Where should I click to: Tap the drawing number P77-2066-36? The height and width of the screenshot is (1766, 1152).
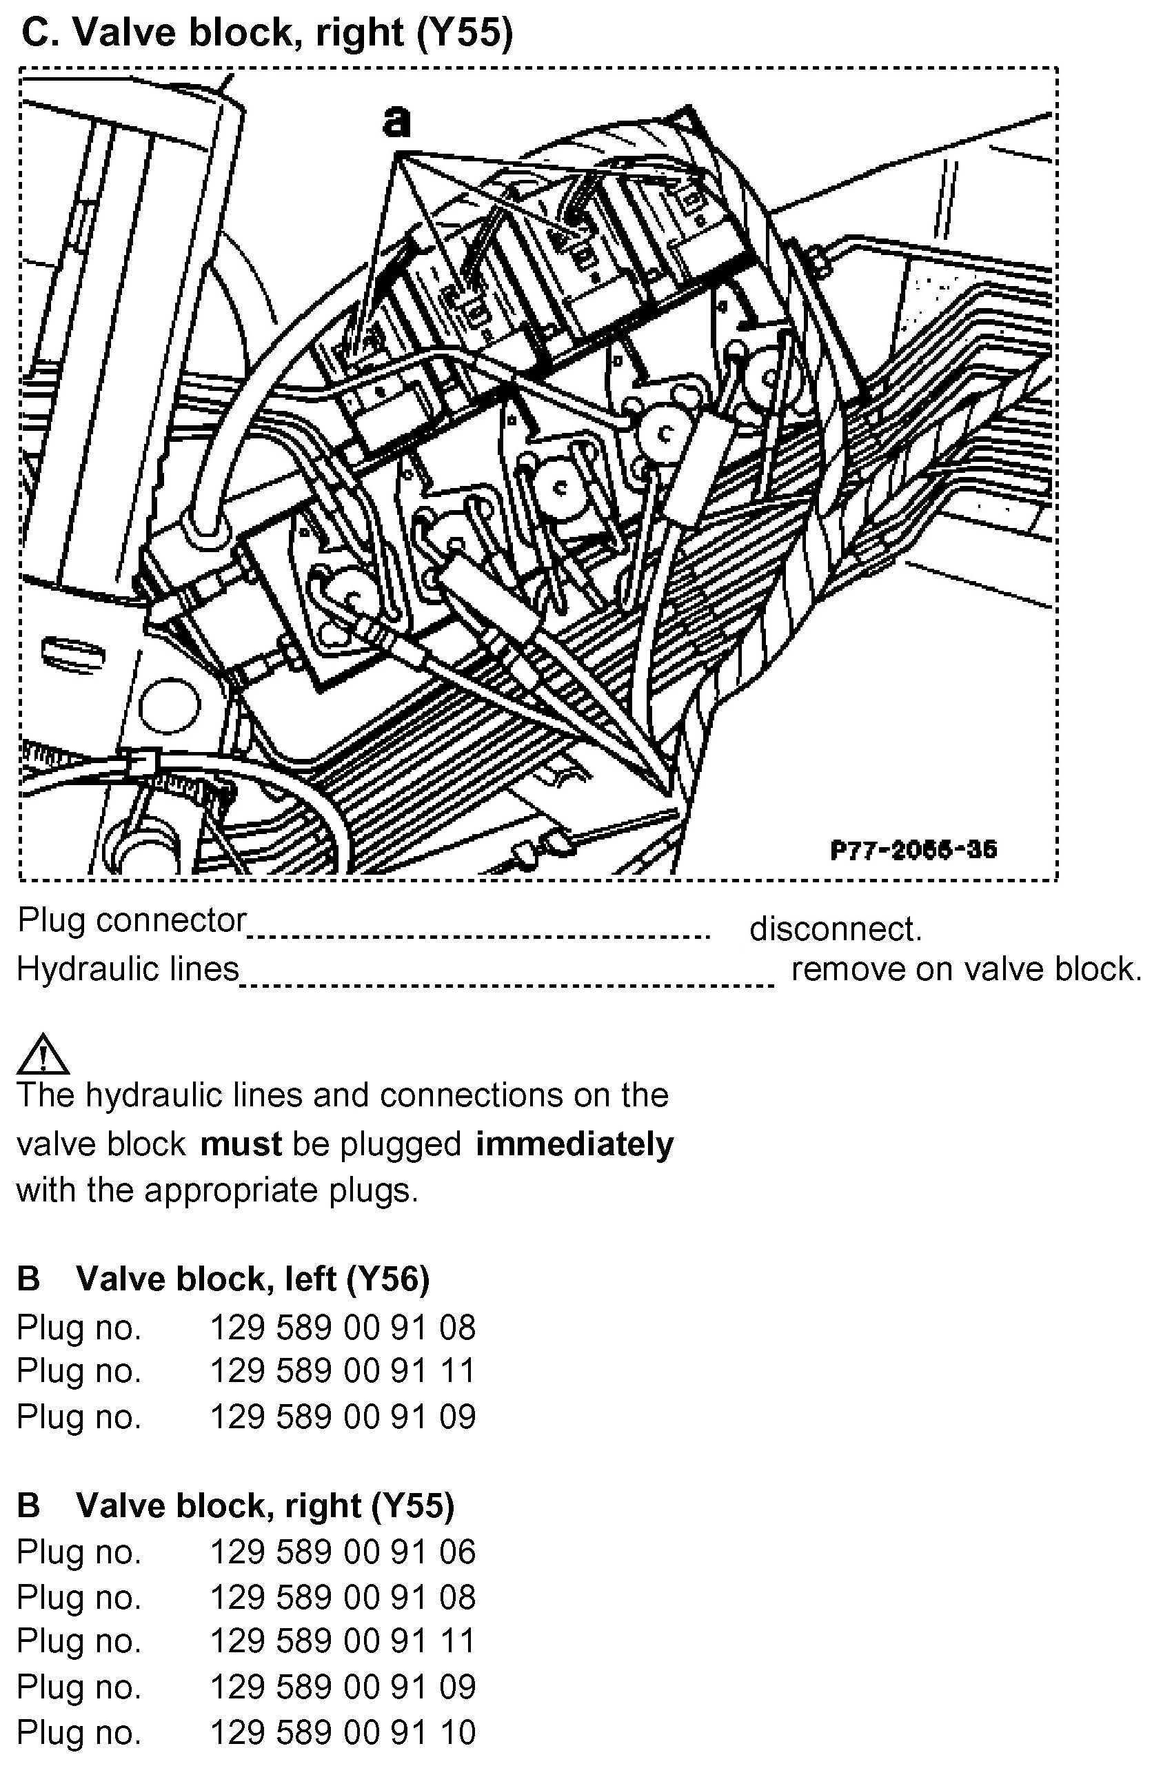point(913,850)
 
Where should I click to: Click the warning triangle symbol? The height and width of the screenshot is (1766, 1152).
point(43,1055)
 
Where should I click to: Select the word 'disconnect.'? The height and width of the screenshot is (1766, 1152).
point(835,929)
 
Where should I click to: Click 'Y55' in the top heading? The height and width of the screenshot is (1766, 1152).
point(465,32)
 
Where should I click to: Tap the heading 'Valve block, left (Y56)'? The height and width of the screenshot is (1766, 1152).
point(252,1279)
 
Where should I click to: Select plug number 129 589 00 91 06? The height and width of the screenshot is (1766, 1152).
point(342,1552)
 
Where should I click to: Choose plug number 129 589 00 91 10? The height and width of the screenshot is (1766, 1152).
point(342,1733)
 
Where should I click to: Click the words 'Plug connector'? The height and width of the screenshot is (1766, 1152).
point(132,920)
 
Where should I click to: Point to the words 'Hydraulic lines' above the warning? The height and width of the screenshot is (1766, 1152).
point(128,968)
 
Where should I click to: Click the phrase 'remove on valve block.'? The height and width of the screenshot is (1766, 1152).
point(966,968)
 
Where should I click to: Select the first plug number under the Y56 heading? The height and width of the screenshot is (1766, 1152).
point(342,1328)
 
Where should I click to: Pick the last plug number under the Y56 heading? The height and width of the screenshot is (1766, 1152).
point(342,1417)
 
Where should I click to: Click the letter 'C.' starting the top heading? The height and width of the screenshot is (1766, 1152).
point(39,32)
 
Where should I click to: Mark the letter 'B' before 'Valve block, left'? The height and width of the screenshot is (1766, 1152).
point(28,1279)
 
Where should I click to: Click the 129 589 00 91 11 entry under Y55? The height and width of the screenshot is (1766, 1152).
point(342,1641)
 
